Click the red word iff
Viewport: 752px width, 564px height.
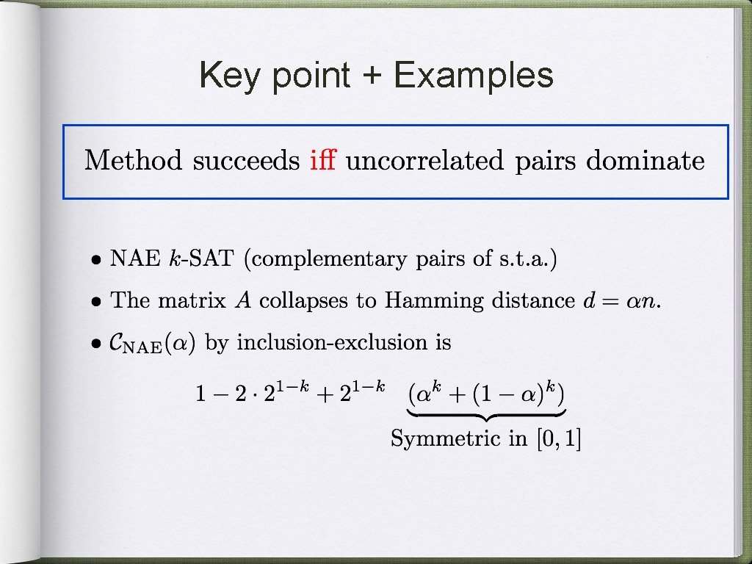pyautogui.click(x=323, y=160)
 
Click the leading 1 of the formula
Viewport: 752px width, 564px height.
pyautogui.click(x=200, y=394)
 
